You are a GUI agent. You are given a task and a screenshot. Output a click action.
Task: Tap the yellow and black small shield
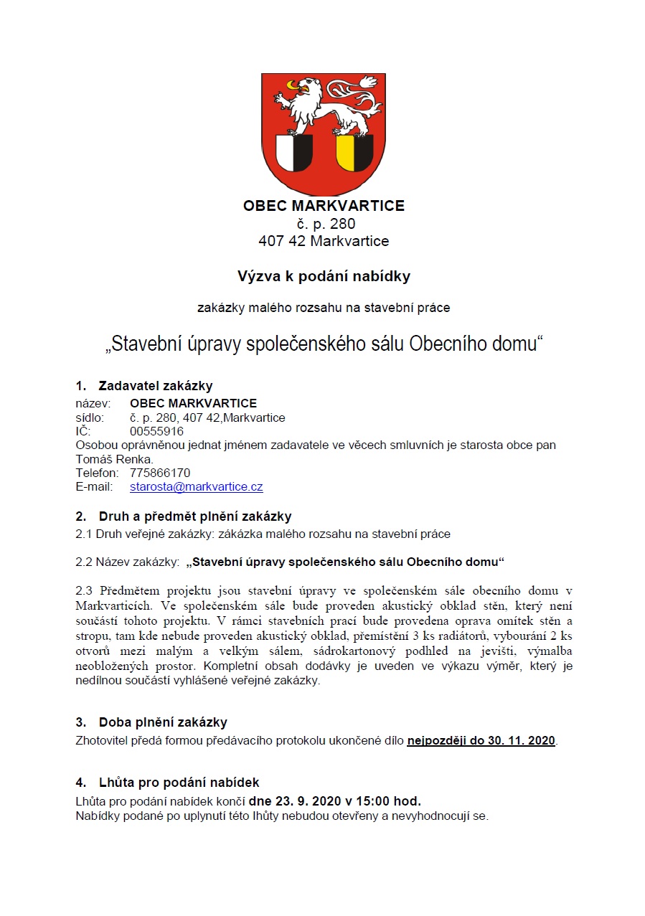coord(354,153)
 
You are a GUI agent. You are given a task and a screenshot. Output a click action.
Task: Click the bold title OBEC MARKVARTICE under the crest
coord(324,206)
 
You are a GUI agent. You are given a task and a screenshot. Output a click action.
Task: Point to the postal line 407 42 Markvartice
coord(324,241)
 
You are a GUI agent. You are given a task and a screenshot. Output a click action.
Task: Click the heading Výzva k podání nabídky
coord(324,275)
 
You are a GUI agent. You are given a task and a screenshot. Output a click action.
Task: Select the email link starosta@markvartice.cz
coord(196,486)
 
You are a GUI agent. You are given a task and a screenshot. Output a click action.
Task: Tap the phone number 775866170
coord(160,473)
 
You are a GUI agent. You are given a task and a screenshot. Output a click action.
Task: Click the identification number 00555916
coord(156,431)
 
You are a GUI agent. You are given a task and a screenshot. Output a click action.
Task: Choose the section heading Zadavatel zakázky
coord(155,386)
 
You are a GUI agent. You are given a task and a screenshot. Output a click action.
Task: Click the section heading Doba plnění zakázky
coord(162,722)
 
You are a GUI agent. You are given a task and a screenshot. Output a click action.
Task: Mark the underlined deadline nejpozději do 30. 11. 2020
coord(481,740)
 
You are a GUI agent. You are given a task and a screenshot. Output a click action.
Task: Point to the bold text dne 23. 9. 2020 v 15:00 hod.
coord(334,801)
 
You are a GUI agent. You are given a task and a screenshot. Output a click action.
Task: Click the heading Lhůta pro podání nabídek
coord(179,783)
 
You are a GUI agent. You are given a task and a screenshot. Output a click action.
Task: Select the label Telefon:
coord(97,473)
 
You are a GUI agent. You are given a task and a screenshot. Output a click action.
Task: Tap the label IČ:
coord(83,431)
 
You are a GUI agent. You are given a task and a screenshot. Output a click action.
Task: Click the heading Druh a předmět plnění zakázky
coord(194,516)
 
